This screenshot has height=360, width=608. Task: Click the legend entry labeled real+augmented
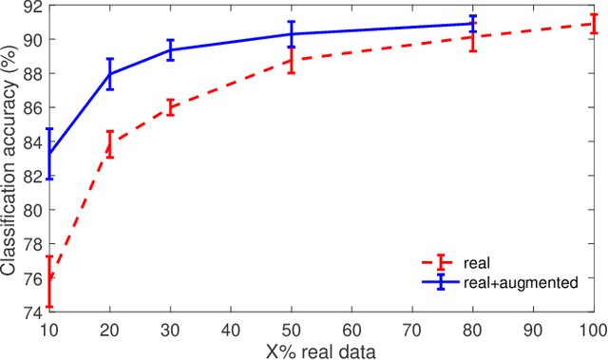(519, 281)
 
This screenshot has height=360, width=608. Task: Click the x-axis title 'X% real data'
(320, 351)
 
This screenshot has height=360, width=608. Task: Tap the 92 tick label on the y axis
(30, 7)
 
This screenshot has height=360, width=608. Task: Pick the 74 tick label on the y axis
(30, 311)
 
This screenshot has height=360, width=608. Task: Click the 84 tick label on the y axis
(30, 142)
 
